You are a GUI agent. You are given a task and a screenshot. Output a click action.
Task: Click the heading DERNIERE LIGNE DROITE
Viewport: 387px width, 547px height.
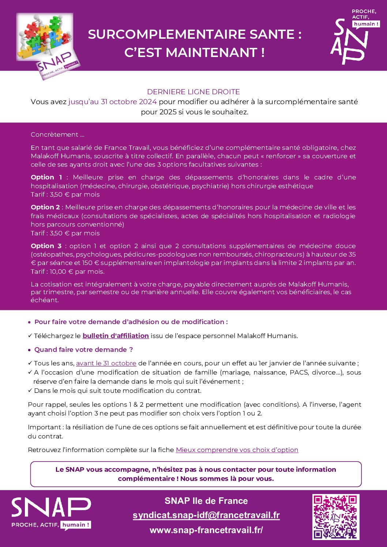tap(193, 92)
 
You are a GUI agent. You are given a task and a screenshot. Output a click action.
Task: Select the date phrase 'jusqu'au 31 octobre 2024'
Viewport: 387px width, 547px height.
tap(112, 102)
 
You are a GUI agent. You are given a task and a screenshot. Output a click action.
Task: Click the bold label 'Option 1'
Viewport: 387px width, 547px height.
tap(46, 177)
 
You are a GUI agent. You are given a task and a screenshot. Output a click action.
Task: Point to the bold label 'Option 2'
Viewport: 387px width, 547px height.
tap(45, 207)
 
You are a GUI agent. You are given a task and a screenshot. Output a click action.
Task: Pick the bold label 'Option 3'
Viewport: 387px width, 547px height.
tap(46, 246)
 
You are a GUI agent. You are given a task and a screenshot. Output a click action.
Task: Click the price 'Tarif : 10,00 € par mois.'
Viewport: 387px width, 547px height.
tap(67, 271)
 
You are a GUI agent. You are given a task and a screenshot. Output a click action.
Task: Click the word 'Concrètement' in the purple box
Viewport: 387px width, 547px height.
tap(54, 134)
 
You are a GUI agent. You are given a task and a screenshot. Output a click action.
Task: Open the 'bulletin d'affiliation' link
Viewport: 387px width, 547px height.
tap(116, 336)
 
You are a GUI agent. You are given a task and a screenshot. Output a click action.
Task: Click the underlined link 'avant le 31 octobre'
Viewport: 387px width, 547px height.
tap(106, 363)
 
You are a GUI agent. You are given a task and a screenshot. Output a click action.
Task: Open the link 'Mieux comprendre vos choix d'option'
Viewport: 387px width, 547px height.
tap(237, 450)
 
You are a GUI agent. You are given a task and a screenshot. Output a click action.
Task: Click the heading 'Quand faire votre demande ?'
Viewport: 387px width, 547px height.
tap(83, 350)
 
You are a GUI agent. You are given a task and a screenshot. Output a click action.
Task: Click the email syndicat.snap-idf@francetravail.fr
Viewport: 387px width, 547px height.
tap(206, 515)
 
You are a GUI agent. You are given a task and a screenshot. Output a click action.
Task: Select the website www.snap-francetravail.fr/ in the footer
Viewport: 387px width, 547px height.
tap(206, 530)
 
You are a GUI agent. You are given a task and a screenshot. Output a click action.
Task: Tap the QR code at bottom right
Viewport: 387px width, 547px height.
tap(335, 517)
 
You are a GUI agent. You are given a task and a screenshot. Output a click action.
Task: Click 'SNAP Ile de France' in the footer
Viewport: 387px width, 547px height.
tap(206, 501)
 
